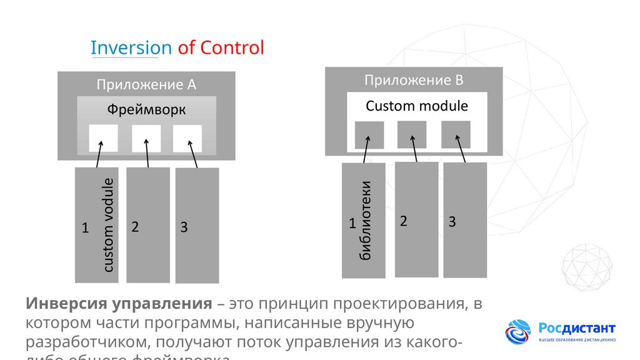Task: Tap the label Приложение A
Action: (x=146, y=84)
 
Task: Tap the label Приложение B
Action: (x=414, y=80)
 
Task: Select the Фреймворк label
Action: (x=146, y=110)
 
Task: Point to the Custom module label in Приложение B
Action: (x=416, y=106)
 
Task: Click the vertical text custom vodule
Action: (x=108, y=225)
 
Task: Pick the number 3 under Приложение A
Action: (x=184, y=227)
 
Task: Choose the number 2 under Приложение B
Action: (x=404, y=221)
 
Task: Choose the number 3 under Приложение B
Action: (x=452, y=222)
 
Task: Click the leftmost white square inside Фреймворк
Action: (x=103, y=138)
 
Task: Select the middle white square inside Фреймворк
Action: (x=146, y=138)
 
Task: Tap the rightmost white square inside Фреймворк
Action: (x=187, y=138)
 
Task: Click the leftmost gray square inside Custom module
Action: (x=369, y=135)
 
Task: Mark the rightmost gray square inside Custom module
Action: (x=456, y=134)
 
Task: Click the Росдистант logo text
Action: (x=577, y=328)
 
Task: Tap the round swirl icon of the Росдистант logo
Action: (x=518, y=332)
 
